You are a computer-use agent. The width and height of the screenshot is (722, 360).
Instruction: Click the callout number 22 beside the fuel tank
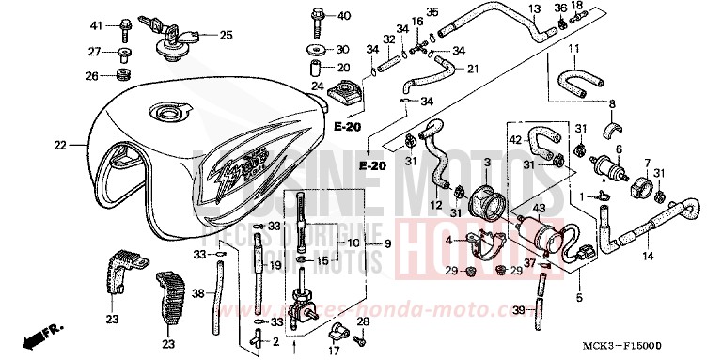[61, 146]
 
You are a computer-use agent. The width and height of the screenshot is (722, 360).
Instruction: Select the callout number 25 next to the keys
[226, 36]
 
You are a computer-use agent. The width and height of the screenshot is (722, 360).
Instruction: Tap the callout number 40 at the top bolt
[344, 16]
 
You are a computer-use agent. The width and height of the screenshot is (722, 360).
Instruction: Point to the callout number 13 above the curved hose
[533, 9]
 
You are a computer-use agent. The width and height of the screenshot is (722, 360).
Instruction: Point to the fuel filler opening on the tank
[171, 116]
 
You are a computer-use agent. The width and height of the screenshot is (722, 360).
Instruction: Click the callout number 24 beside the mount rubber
[317, 86]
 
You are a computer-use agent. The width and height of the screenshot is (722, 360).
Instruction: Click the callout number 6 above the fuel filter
[618, 149]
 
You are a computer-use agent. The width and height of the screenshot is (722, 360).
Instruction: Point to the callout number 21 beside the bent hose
[473, 67]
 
